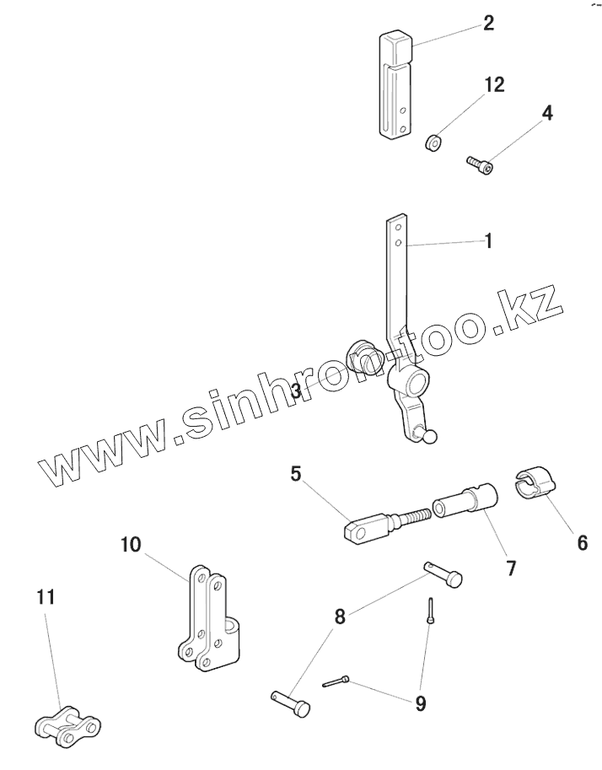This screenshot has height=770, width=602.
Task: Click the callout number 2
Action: coord(488,22)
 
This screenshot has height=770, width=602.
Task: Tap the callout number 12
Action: coord(494,84)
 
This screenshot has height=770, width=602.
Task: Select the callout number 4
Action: coord(546,112)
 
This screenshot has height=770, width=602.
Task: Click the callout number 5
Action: coord(296,474)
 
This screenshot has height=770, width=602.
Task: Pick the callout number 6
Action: coord(582,542)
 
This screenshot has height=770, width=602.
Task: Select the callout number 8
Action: coord(340,617)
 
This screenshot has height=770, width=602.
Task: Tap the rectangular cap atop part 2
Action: coord(397,46)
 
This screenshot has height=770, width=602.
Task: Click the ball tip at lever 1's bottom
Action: coord(431,435)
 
